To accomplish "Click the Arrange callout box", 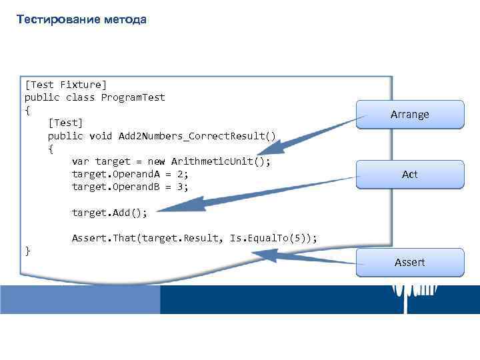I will click(409, 115).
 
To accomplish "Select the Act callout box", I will click(409, 175).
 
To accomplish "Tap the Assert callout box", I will click(409, 262).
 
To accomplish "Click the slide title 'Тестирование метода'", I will click(81, 19).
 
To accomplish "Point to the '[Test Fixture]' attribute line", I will click(65, 85).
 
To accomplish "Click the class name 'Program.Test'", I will click(133, 97).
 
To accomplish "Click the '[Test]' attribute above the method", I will click(65, 123).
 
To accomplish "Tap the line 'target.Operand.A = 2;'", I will click(130, 174).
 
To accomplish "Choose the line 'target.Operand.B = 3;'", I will click(130, 187).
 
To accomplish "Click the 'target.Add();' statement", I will click(109, 213).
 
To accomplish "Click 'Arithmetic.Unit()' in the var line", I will click(221, 161).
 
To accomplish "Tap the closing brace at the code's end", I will click(27, 251).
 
